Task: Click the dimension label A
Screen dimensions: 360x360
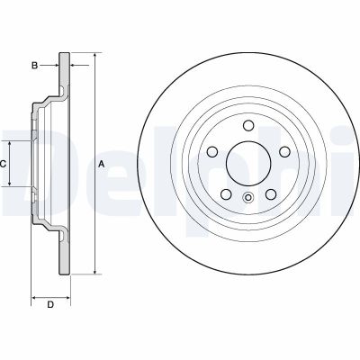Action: pos(102,163)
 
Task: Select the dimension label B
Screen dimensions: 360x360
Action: pos(33,65)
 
